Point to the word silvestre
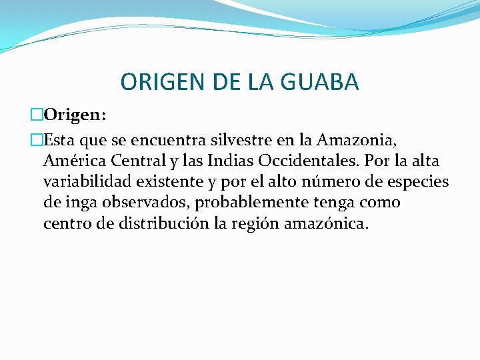tap(241, 140)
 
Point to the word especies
tap(417, 181)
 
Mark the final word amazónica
tap(325, 223)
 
